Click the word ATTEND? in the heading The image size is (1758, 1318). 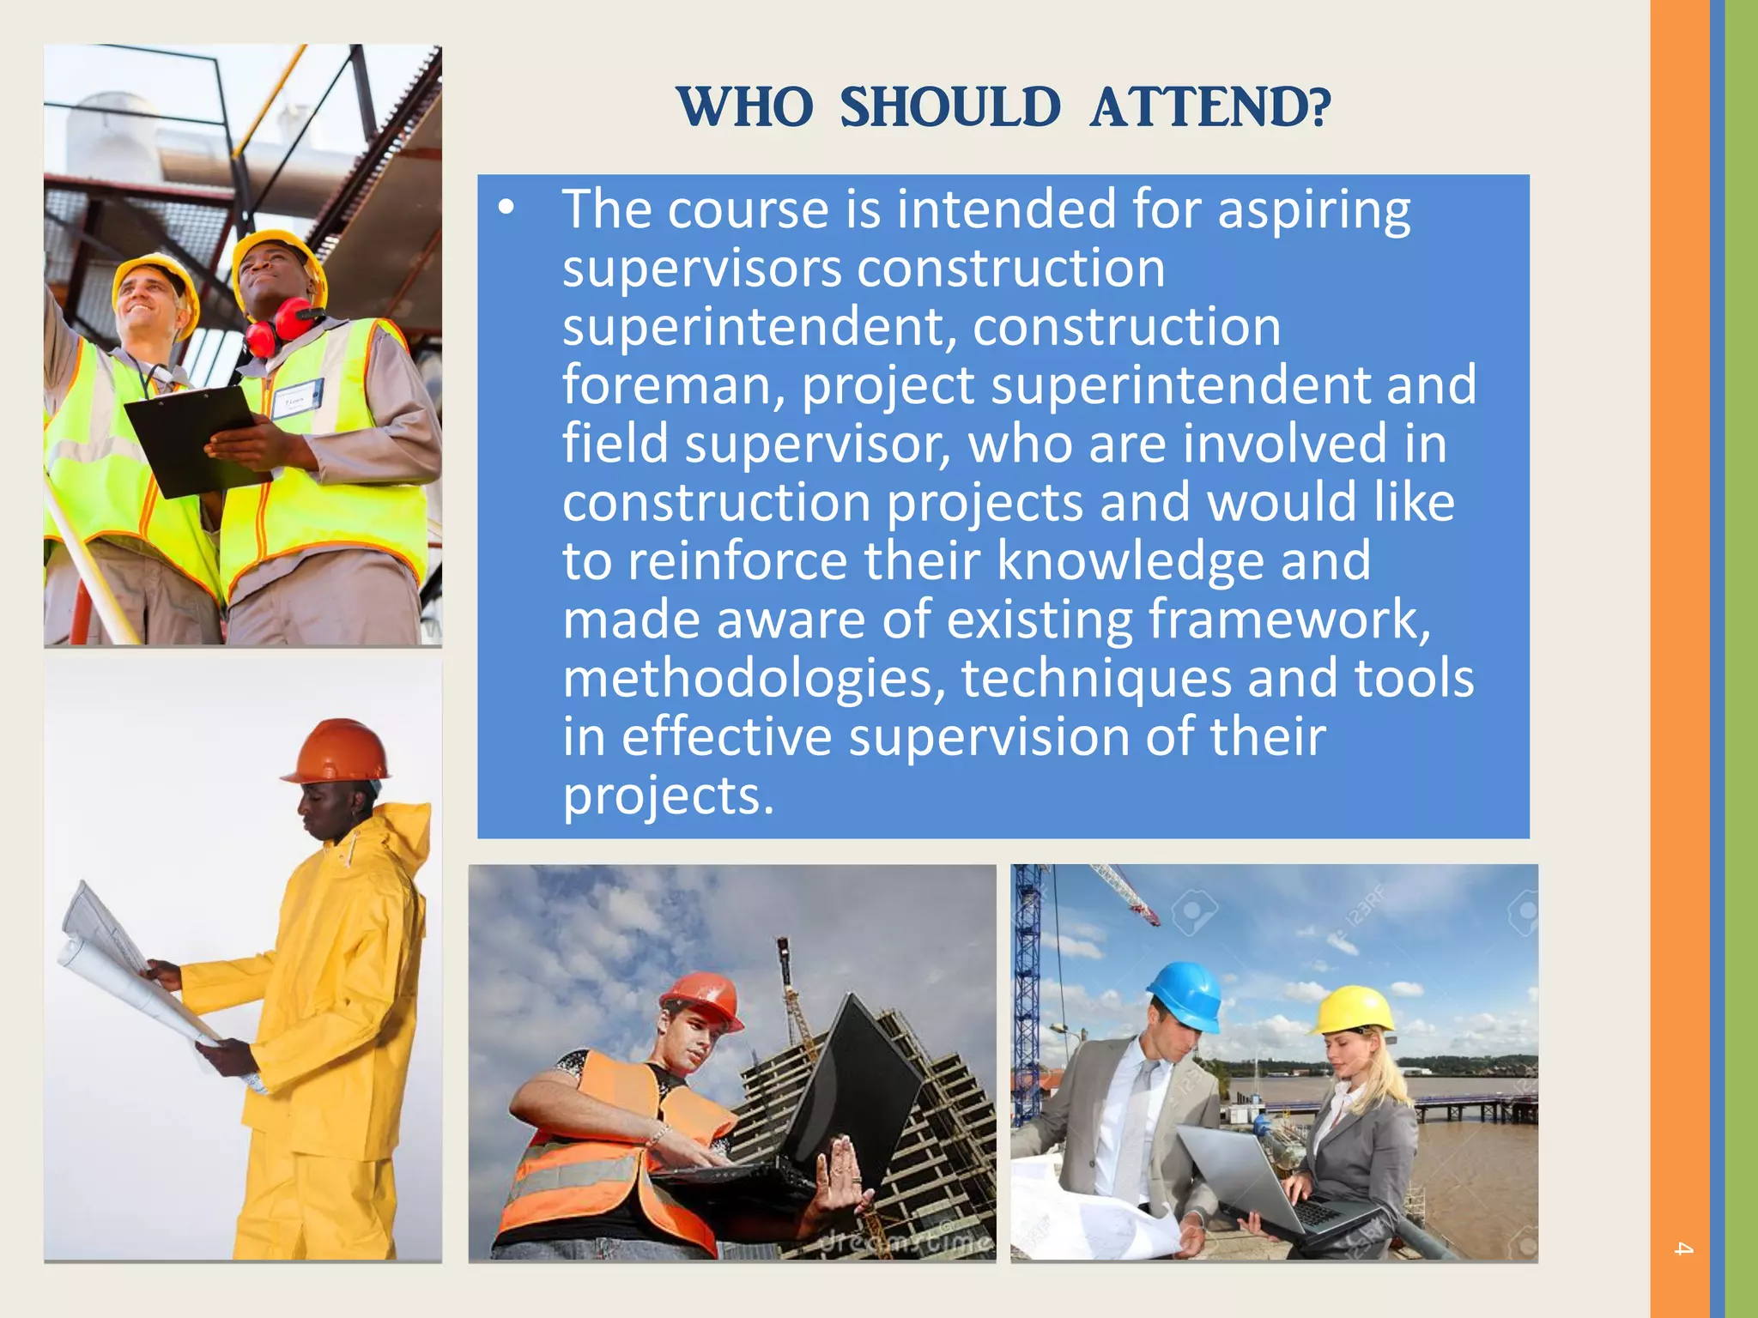point(1210,108)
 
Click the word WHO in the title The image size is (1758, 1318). point(745,108)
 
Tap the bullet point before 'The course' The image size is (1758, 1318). point(506,208)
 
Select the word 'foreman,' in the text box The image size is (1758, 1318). point(674,385)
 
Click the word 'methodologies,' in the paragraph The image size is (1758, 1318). point(754,679)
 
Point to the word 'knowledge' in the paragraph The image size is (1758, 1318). point(1130,561)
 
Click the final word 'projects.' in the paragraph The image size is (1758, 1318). point(669,795)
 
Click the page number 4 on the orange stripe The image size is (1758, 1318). point(1682,1249)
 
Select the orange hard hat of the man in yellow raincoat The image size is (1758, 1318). point(339,751)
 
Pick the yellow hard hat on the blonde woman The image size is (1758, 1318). point(1355,1009)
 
